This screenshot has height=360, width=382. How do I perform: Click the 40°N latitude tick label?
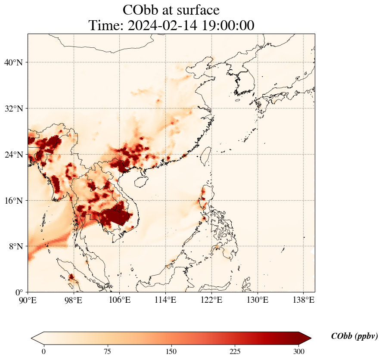pos(13,62)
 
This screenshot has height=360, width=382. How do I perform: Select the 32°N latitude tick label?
pos(13,109)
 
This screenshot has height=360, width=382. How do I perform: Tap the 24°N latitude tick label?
pos(13,155)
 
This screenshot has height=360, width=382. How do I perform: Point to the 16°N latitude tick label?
pos(13,201)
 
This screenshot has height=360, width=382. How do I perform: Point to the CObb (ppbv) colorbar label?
pos(354,336)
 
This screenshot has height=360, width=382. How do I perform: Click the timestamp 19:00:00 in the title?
pos(226,25)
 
